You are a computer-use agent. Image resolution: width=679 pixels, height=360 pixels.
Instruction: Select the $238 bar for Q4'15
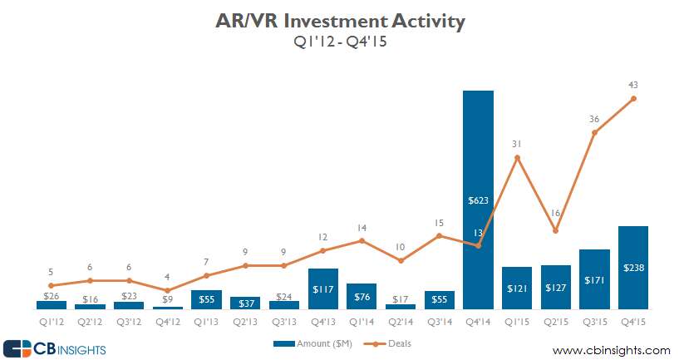(x=633, y=267)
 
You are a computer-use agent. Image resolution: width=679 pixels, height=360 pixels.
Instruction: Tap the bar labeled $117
(x=322, y=288)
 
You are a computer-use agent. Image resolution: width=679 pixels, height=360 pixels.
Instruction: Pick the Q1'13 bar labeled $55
(x=206, y=299)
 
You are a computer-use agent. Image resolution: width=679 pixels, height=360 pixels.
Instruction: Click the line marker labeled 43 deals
(x=633, y=99)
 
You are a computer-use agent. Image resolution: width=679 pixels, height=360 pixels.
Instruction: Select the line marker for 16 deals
(x=555, y=230)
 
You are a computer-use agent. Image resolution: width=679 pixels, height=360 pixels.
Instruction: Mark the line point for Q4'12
(x=167, y=290)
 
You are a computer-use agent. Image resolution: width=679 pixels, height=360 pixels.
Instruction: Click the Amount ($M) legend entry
(x=317, y=343)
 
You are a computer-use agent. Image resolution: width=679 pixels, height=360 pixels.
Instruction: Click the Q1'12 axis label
(x=51, y=319)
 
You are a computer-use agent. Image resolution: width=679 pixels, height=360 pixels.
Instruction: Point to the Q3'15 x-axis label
(x=594, y=319)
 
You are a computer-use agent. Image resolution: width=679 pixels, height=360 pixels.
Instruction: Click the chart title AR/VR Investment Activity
(x=339, y=20)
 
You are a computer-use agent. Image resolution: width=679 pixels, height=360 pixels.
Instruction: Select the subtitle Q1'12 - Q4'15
(x=339, y=42)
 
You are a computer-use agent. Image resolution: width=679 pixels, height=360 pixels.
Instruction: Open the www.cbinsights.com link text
(x=610, y=349)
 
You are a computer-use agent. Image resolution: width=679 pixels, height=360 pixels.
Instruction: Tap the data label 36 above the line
(x=594, y=119)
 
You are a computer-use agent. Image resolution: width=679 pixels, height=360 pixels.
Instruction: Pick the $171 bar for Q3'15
(x=594, y=279)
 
